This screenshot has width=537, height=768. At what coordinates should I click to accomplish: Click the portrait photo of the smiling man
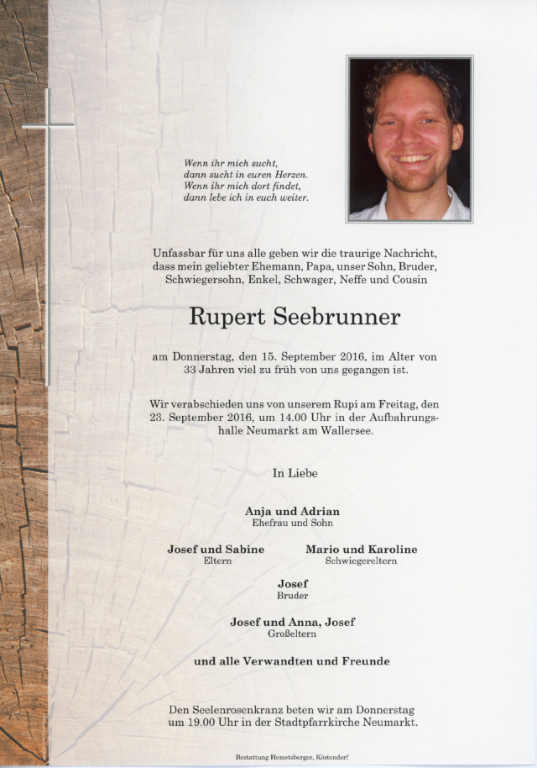[x=409, y=139]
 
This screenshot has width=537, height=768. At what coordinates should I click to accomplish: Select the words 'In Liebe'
[x=295, y=474]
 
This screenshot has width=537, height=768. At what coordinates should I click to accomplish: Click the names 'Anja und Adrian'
[x=292, y=511]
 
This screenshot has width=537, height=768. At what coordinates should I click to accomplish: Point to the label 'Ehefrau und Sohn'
[x=292, y=523]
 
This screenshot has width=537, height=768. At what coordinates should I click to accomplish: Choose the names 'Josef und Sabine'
[x=216, y=549]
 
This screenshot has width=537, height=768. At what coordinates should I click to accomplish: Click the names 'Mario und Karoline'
[x=361, y=549]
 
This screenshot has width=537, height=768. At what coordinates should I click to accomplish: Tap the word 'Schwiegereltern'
[x=361, y=560]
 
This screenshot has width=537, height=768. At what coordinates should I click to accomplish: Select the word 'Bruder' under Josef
[x=292, y=596]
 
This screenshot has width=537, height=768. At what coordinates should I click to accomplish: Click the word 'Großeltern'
[x=292, y=634]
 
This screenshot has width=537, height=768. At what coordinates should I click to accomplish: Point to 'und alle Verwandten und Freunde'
[x=292, y=661]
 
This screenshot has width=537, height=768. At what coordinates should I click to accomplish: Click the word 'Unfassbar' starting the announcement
[x=179, y=254]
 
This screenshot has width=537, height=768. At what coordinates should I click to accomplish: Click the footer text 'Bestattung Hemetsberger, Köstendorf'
[x=292, y=758]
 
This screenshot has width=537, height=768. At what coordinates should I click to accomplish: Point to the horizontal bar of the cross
[x=48, y=126]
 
